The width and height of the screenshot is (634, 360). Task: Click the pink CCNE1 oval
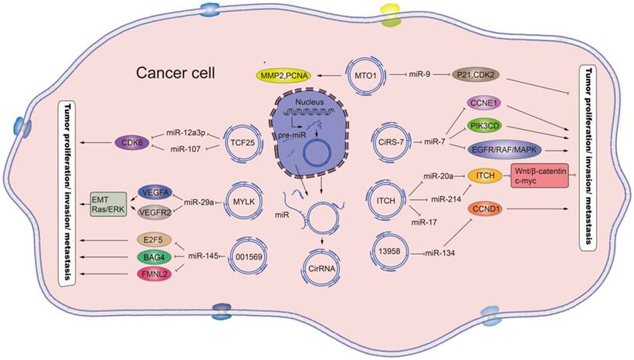(485, 102)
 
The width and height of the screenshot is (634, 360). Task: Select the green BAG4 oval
(150, 255)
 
